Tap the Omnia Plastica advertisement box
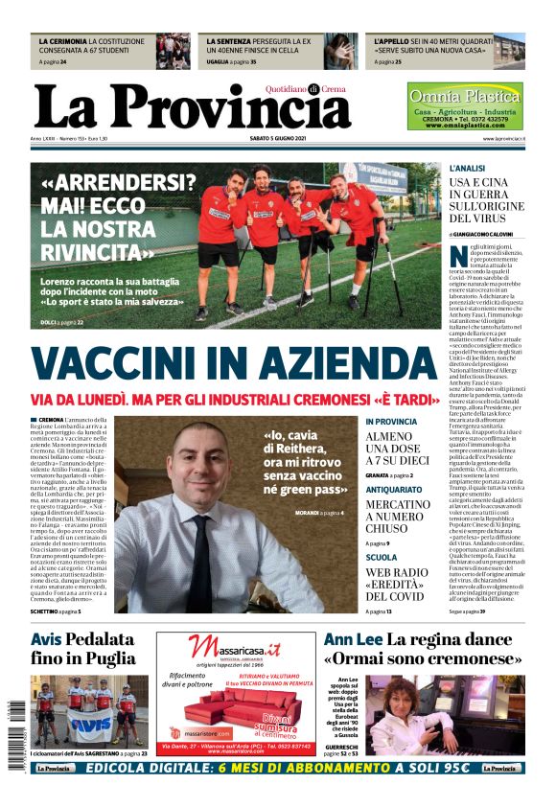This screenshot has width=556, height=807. [x=465, y=106]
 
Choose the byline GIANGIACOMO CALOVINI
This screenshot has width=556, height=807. [x=489, y=234]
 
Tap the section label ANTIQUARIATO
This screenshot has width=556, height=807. [x=394, y=489]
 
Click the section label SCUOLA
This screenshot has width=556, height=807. [x=381, y=557]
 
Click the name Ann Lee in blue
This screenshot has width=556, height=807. [x=352, y=639]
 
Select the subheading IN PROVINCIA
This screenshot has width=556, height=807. [x=391, y=422]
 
